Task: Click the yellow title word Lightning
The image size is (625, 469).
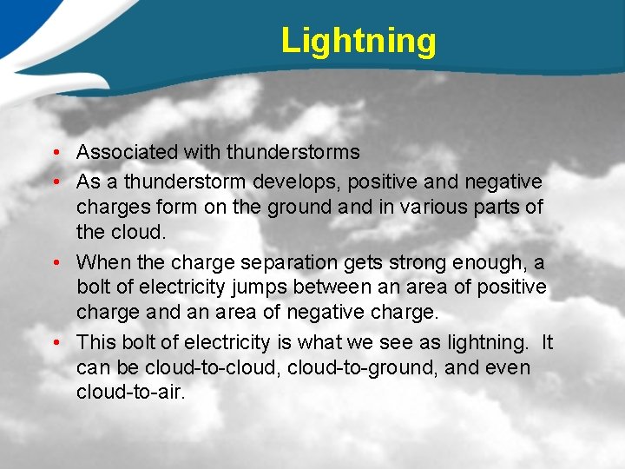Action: coord(359,41)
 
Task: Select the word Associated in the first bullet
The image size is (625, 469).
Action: coord(128,152)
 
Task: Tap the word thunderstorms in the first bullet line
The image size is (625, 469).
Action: coord(293,152)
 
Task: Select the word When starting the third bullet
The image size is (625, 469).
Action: coord(101,261)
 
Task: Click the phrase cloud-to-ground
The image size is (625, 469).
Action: coord(358,367)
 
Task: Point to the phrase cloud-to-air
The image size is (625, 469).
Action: coord(130,393)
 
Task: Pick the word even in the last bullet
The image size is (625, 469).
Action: coord(507,367)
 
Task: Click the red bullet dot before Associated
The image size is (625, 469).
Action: coord(55,153)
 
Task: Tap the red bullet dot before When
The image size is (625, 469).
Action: coord(55,262)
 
